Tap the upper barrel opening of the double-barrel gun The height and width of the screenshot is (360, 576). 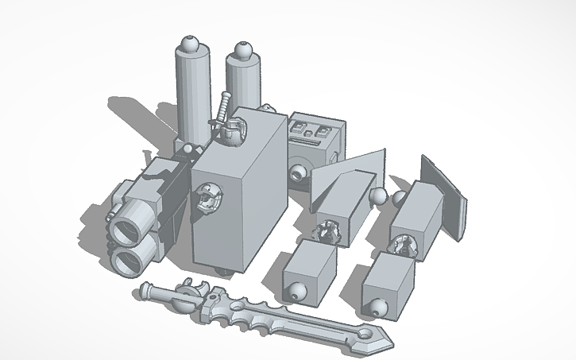127,230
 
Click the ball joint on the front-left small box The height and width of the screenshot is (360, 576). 296,291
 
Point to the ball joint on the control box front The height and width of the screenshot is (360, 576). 299,173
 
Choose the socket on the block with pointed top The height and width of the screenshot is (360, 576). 327,233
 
